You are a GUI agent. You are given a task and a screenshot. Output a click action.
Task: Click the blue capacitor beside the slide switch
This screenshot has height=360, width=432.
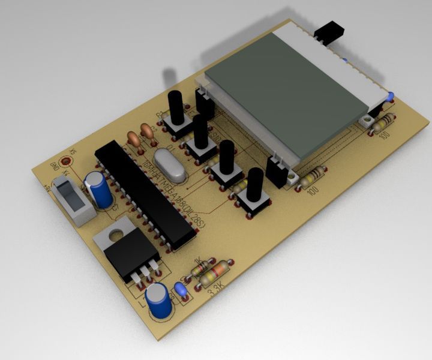click(100, 189)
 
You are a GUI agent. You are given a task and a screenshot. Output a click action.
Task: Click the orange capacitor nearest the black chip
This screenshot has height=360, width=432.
click(134, 139)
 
